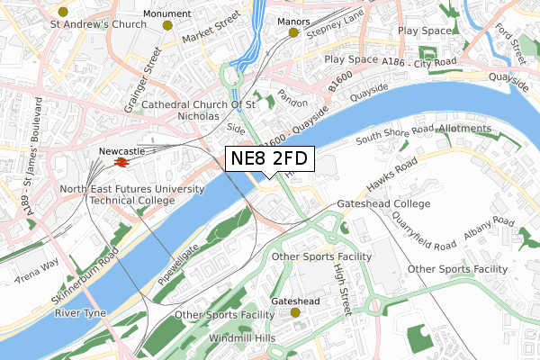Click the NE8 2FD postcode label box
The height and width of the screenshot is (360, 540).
[269, 158]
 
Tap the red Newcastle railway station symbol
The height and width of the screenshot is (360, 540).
[120, 163]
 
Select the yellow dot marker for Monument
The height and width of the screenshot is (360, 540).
[167, 25]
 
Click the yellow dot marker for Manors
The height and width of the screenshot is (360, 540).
[292, 33]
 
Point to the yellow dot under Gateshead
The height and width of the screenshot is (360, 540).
[295, 312]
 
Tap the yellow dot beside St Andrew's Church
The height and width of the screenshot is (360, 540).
[62, 12]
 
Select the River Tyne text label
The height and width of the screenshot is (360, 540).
[80, 313]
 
